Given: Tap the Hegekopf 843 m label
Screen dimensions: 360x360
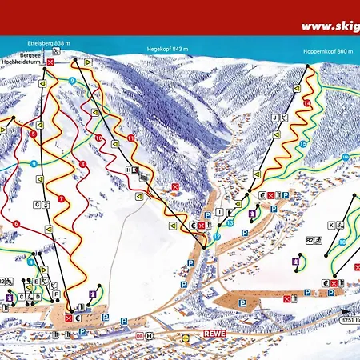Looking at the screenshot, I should pyautogui.click(x=166, y=49).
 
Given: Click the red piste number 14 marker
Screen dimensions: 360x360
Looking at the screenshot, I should pyautogui.click(x=308, y=104).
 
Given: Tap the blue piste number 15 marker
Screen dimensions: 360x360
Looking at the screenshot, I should pyautogui.click(x=304, y=143).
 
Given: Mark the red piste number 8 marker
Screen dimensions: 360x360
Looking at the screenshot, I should pyautogui.click(x=82, y=165).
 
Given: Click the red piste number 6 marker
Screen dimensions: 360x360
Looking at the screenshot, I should pyautogui.click(x=16, y=223).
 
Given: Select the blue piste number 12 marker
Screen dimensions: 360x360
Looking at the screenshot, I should pyautogui.click(x=217, y=238).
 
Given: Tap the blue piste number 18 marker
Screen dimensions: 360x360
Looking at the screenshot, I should pyautogui.click(x=341, y=242).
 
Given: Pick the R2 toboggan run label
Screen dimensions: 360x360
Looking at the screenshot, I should pyautogui.click(x=308, y=238).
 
